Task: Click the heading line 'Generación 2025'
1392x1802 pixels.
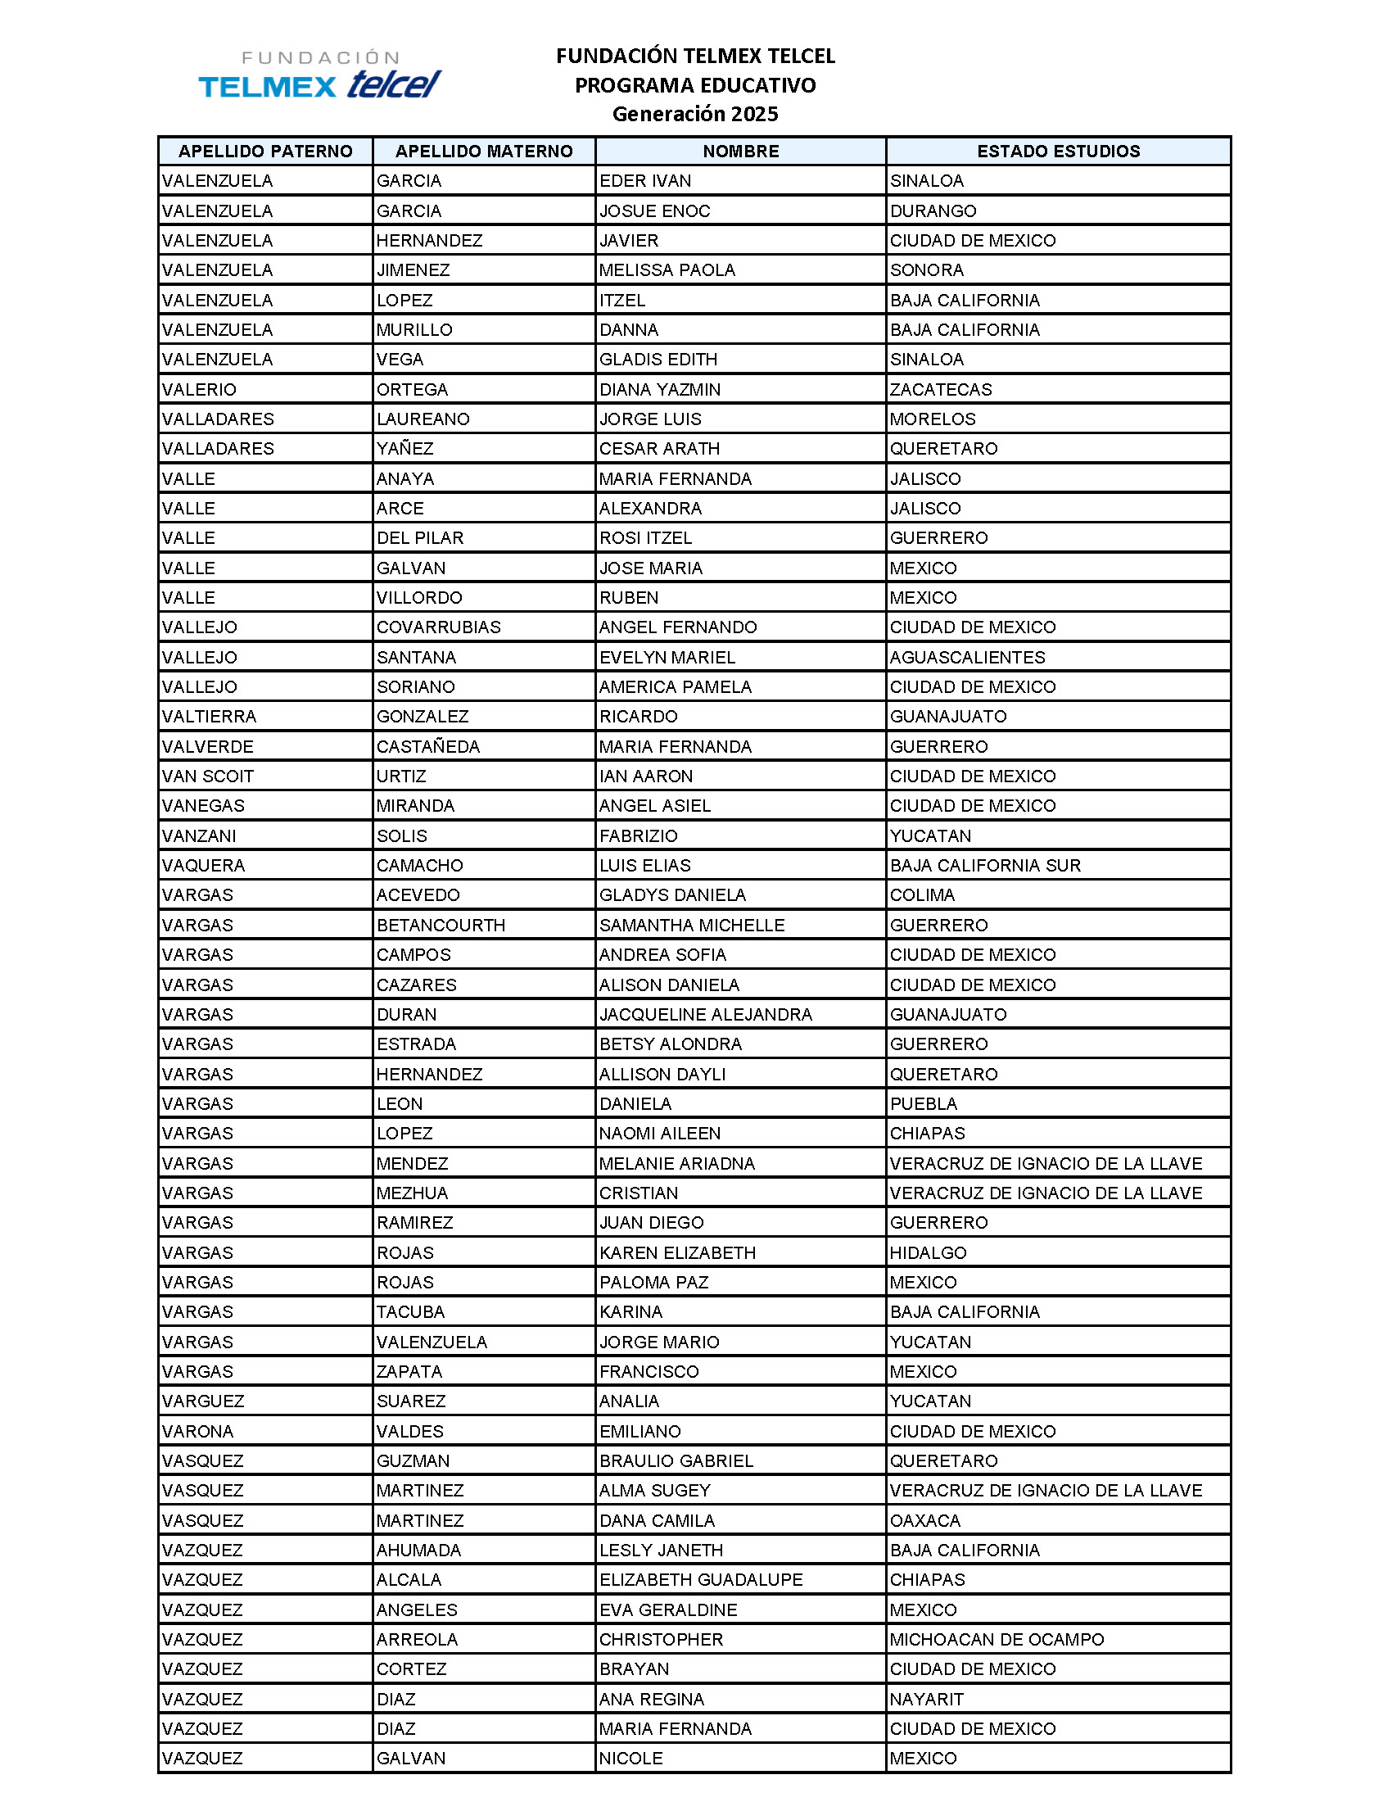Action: (694, 114)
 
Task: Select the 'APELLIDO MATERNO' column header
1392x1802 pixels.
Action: (484, 151)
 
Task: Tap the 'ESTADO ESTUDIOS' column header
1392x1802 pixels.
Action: (1058, 151)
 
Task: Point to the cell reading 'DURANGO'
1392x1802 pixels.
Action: (933, 211)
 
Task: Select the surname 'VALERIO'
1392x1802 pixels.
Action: (199, 389)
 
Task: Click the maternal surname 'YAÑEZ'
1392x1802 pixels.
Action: (404, 449)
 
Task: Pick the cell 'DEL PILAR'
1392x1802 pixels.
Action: (420, 538)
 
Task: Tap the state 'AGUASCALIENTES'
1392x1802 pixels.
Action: (967, 658)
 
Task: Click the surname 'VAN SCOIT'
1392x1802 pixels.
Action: (208, 776)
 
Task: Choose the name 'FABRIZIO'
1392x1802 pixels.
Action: (639, 835)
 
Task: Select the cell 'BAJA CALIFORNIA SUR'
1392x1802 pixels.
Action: (984, 866)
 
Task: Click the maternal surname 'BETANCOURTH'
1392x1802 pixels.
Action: (441, 926)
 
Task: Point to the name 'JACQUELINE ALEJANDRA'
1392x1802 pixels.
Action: (705, 1015)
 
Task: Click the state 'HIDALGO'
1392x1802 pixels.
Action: (928, 1252)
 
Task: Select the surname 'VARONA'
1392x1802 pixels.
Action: (198, 1432)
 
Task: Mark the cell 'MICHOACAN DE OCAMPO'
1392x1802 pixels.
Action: (997, 1640)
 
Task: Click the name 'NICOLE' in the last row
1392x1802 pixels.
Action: (630, 1759)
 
